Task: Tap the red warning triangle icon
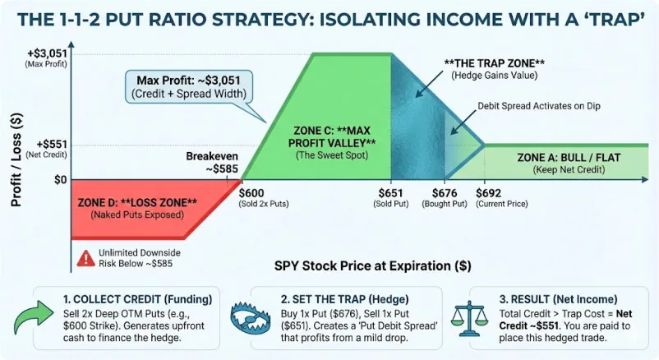point(82,256)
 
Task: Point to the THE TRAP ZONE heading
point(490,63)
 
